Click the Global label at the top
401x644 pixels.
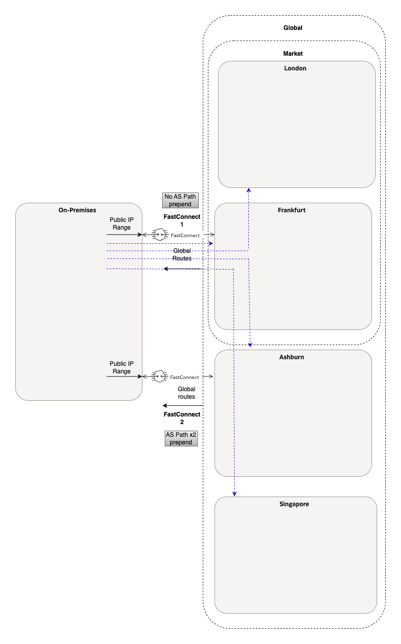[293, 28]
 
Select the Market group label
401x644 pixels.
[293, 53]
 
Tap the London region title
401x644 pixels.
[295, 68]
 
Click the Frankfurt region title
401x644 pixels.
[291, 210]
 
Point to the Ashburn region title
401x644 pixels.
[291, 357]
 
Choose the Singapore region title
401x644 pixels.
[294, 504]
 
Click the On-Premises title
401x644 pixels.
[77, 210]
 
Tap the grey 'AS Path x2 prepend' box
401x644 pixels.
[181, 438]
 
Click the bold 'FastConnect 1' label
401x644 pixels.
[181, 220]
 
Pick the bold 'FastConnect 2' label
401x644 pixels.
[181, 418]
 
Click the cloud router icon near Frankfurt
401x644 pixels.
[160, 235]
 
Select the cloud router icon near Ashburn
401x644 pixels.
[160, 376]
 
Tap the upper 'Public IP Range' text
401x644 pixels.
[121, 223]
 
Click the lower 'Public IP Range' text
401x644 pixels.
[121, 367]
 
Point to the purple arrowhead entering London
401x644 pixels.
[248, 190]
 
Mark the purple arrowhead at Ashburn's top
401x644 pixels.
[249, 345]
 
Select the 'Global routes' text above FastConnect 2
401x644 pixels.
[186, 393]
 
